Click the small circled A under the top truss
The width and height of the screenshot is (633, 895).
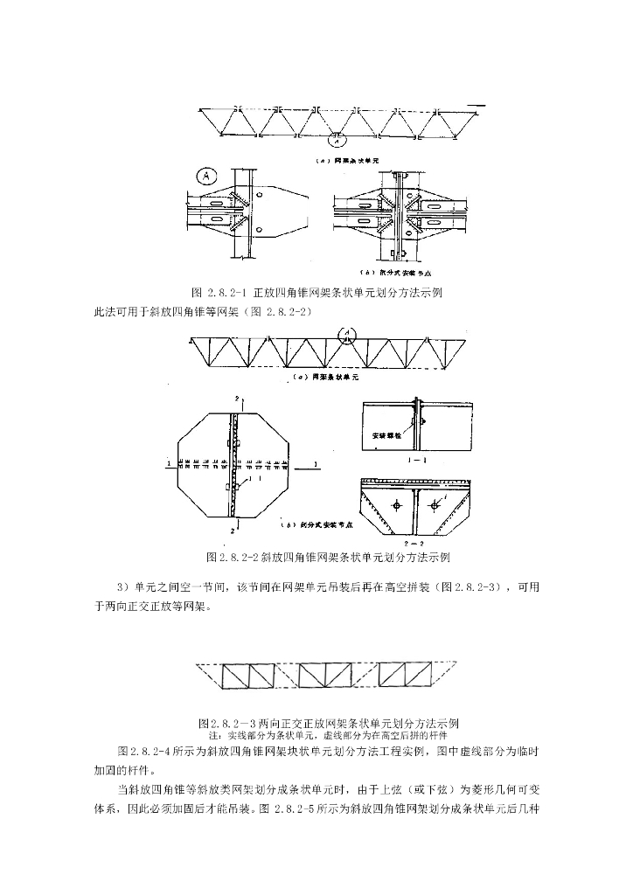(x=337, y=135)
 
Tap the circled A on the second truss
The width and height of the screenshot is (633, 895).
(x=348, y=334)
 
